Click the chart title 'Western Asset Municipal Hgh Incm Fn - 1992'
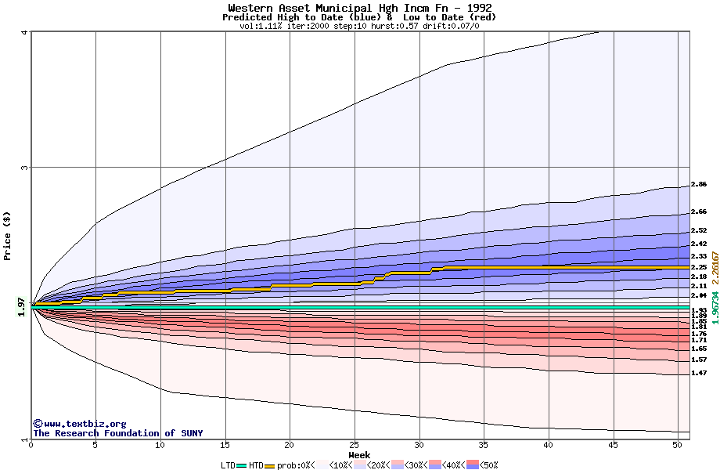[359, 8]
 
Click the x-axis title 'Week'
[359, 454]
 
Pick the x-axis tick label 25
[355, 445]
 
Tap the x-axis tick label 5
[95, 445]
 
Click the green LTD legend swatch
[241, 465]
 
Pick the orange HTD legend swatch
[270, 465]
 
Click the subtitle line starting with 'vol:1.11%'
[359, 26]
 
